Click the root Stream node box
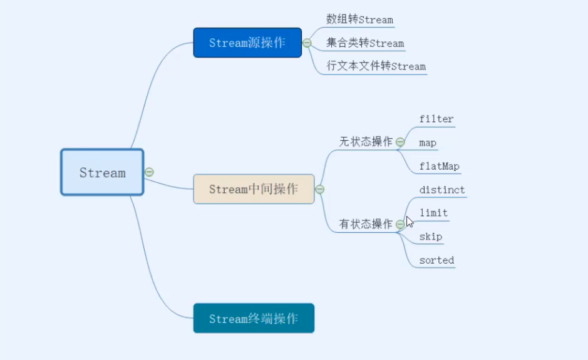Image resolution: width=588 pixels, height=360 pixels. click(102, 172)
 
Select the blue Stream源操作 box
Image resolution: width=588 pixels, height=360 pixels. click(247, 43)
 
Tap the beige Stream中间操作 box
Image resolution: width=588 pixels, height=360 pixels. click(254, 189)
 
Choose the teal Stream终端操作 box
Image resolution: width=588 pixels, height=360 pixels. click(254, 319)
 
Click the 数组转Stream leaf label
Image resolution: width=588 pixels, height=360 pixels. click(359, 19)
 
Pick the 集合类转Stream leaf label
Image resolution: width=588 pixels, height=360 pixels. click(365, 43)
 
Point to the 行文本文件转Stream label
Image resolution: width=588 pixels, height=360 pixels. click(376, 66)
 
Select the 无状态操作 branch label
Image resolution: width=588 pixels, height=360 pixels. click(366, 141)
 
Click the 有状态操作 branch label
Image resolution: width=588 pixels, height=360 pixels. click(366, 224)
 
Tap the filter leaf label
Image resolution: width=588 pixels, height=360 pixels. click(436, 119)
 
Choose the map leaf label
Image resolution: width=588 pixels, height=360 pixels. click(428, 143)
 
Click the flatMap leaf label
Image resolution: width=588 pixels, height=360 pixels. click(439, 167)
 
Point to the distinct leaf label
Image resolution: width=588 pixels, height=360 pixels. click(442, 190)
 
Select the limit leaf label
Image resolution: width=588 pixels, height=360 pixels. click(433, 213)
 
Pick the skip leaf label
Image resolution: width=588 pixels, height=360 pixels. click(431, 237)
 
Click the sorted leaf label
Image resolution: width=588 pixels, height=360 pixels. click(436, 260)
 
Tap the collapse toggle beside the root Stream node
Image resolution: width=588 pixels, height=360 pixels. click(149, 172)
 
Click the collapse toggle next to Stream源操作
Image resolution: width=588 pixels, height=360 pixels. click(307, 43)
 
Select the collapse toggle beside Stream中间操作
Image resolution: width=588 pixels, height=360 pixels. click(319, 189)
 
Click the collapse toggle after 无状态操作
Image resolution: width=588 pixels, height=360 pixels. click(400, 142)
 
